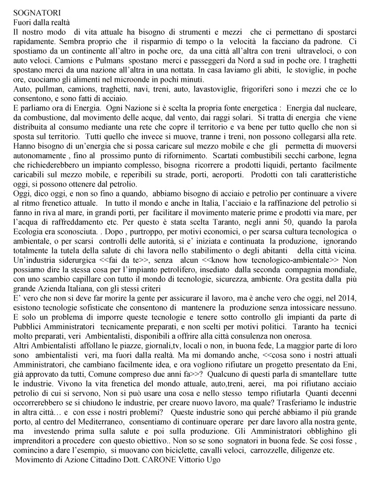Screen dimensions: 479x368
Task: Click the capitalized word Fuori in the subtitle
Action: click(22, 22)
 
